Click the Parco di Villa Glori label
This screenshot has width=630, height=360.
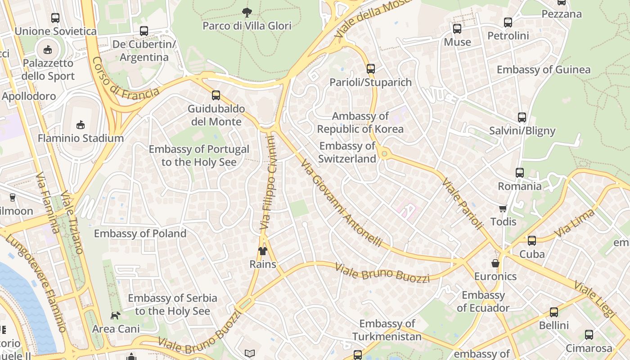coord(247,26)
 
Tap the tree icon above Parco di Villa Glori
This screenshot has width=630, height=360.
coord(247,12)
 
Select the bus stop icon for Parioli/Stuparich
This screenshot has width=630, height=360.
coord(370,69)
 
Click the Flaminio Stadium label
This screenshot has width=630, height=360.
coord(81,138)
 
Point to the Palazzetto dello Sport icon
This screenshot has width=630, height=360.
coord(48,49)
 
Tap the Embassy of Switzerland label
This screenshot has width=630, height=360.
coord(347,153)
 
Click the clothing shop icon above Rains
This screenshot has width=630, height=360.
coord(263,251)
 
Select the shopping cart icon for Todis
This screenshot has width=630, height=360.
coord(503,208)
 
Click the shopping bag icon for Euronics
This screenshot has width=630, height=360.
coord(495,263)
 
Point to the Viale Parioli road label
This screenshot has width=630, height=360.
coord(462,204)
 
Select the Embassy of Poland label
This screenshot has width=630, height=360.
coord(140,234)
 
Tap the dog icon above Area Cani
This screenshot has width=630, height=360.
coord(116,315)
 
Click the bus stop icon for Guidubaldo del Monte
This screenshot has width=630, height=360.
coord(216,95)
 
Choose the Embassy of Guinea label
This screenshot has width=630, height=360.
coord(543,70)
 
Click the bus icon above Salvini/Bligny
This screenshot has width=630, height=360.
coord(522,117)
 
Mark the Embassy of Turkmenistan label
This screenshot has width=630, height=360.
coord(387,330)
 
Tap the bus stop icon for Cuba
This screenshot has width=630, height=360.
coord(532,241)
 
